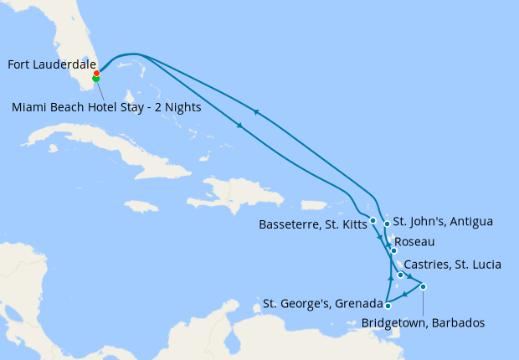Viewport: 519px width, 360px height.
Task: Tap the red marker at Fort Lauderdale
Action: click(x=97, y=73)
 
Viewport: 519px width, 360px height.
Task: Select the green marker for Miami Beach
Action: click(x=96, y=79)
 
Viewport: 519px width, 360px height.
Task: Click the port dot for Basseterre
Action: click(x=373, y=221)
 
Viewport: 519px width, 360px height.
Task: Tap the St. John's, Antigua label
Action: click(x=443, y=222)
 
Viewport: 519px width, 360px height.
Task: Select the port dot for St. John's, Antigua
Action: click(x=387, y=224)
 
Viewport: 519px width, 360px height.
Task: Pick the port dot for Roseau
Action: click(x=393, y=250)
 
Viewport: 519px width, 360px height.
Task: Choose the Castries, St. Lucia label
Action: click(x=452, y=265)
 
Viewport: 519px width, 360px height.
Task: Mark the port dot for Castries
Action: click(x=401, y=275)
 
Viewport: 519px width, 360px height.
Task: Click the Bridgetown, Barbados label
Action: click(x=422, y=322)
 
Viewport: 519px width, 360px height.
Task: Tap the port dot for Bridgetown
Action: click(x=424, y=287)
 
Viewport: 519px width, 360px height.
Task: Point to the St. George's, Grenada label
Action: click(x=321, y=302)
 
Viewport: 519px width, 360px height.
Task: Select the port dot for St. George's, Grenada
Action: click(x=388, y=306)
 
